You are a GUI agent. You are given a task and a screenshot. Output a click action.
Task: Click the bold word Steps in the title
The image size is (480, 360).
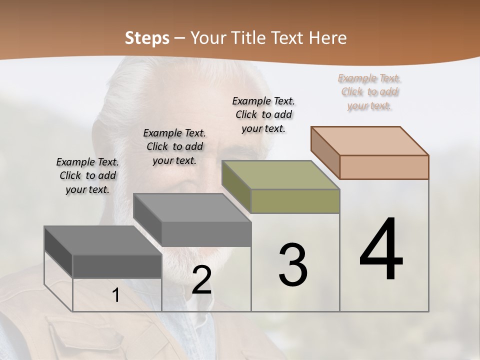[147, 38]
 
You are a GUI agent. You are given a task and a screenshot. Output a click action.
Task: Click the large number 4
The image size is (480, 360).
[381, 250]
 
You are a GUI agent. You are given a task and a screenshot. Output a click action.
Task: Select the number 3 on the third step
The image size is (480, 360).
[293, 265]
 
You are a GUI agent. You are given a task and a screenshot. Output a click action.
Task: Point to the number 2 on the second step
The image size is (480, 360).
[202, 280]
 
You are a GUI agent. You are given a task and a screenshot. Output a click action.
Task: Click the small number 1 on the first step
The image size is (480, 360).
[116, 295]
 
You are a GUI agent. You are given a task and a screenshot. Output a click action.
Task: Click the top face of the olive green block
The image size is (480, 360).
[281, 175]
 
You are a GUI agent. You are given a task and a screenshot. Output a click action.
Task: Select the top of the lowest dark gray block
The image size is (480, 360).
[103, 240]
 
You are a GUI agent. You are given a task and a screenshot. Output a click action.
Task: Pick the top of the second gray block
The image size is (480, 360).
[192, 208]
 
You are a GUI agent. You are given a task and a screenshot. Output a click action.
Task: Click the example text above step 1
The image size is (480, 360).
[87, 175]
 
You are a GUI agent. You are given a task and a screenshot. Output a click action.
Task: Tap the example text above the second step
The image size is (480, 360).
[174, 146]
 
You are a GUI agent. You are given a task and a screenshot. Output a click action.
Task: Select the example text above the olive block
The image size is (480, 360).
[263, 114]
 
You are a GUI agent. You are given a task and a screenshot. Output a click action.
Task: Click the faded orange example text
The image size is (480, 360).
[369, 91]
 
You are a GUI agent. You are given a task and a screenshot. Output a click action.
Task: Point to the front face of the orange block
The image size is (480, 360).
[384, 167]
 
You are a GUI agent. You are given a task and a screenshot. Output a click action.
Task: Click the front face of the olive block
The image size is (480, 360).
[295, 201]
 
